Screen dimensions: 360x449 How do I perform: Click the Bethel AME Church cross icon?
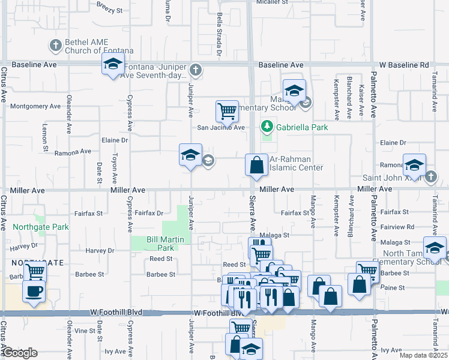point(55,45)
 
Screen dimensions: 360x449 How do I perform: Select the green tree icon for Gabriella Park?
point(267,127)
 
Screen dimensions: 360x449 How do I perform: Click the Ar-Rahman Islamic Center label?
point(297,163)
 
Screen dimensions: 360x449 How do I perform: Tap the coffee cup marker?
point(34,292)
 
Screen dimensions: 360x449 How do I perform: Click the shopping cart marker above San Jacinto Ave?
point(227,110)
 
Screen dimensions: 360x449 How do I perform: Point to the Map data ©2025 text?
point(424,355)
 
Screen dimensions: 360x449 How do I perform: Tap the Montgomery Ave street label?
point(36,106)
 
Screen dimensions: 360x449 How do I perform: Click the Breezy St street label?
point(109,10)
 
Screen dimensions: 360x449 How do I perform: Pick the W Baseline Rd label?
point(409,65)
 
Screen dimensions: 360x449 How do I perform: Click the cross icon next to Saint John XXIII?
point(431,177)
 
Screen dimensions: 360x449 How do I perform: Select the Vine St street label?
point(85,331)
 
